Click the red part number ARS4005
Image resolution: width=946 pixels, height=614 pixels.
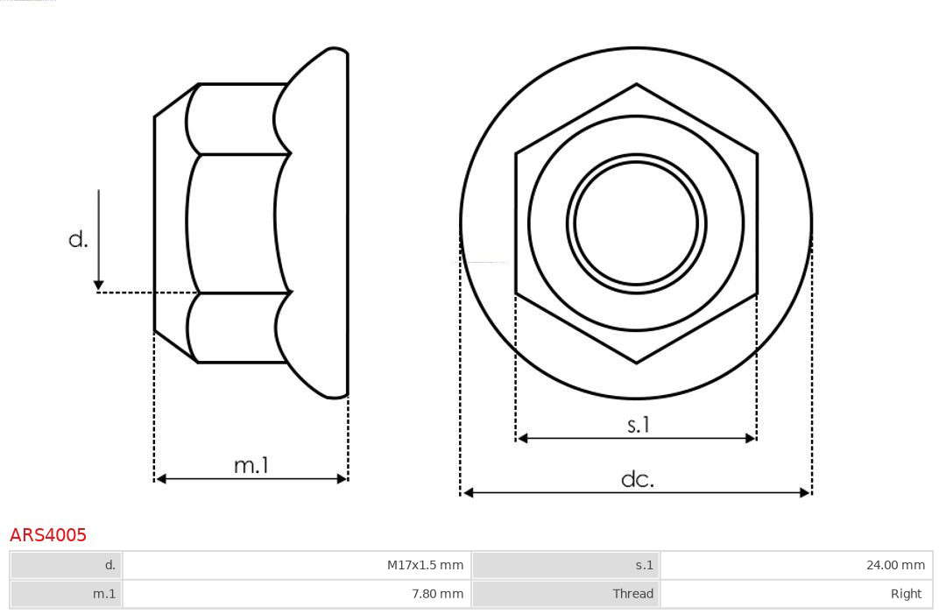pos(47,534)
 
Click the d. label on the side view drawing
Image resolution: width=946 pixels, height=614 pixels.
pos(79,239)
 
